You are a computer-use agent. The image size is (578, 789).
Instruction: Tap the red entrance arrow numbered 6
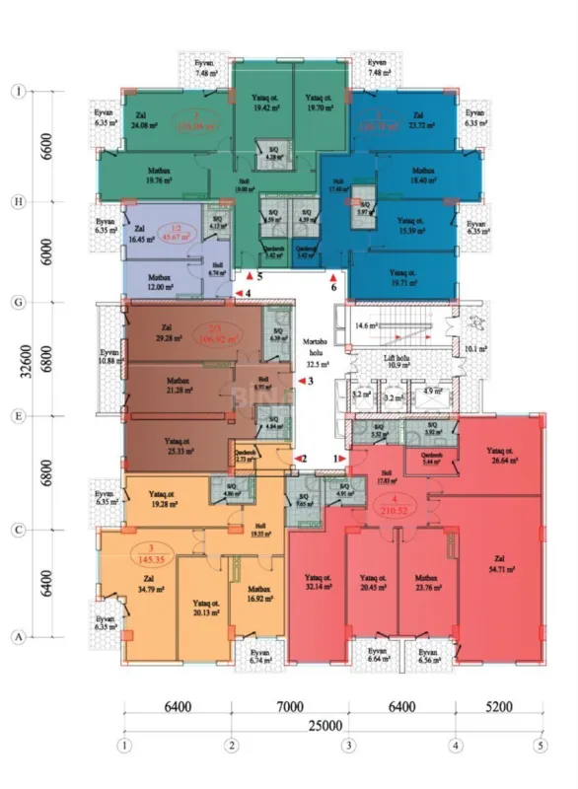[333, 278]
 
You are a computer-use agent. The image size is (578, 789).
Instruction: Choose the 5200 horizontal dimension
[498, 707]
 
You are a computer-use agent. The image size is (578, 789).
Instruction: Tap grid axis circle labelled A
[18, 637]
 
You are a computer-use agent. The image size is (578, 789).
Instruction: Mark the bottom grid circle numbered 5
[541, 745]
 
